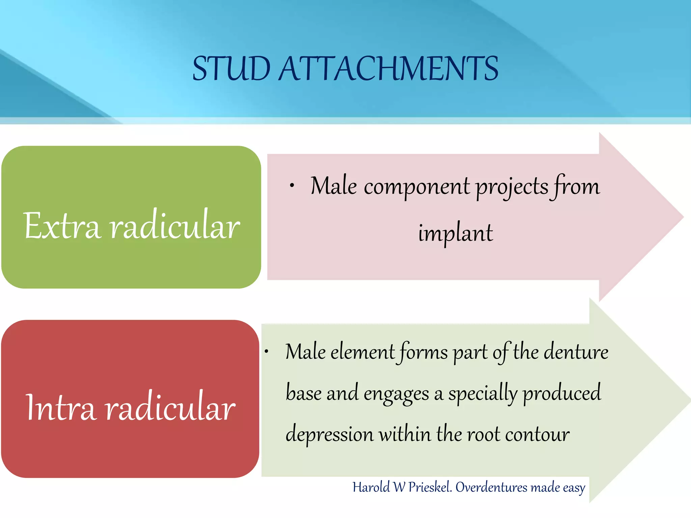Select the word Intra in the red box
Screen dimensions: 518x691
click(61, 407)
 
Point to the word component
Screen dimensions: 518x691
click(417, 186)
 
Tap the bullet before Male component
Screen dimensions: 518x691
click(292, 185)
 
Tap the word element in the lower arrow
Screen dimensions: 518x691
click(362, 352)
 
